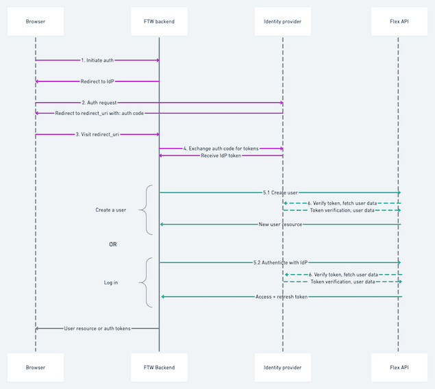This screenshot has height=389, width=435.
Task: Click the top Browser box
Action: pyautogui.click(x=35, y=21)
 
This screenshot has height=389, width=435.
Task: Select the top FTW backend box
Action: pyautogui.click(x=159, y=21)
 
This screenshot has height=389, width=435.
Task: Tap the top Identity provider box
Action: pyautogui.click(x=282, y=21)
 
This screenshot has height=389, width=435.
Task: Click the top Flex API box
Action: pyautogui.click(x=399, y=21)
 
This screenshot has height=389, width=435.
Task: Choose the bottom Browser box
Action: pyautogui.click(x=35, y=368)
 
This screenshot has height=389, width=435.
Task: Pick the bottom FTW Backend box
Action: pyautogui.click(x=159, y=368)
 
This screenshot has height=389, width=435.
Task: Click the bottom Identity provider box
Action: pyautogui.click(x=282, y=368)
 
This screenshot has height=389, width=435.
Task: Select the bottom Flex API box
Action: pyautogui.click(x=399, y=368)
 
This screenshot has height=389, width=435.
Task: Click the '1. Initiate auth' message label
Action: pyautogui.click(x=97, y=60)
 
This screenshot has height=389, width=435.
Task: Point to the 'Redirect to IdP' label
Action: pyautogui.click(x=97, y=81)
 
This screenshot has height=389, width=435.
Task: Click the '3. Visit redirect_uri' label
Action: pyautogui.click(x=97, y=134)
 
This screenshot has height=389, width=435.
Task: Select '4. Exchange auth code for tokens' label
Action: pyautogui.click(x=221, y=148)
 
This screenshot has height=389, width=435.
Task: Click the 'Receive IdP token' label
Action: pyautogui.click(x=220, y=155)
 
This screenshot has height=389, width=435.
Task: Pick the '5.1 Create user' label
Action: pyautogui.click(x=279, y=192)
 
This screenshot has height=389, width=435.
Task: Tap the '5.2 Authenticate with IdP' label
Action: pyautogui.click(x=280, y=262)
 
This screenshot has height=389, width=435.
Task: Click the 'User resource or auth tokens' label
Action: pyautogui.click(x=97, y=329)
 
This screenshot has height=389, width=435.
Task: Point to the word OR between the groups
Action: pyautogui.click(x=113, y=244)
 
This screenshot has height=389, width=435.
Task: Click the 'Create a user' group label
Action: pyautogui.click(x=110, y=210)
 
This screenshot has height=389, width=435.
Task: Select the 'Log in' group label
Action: pyautogui.click(x=110, y=282)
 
